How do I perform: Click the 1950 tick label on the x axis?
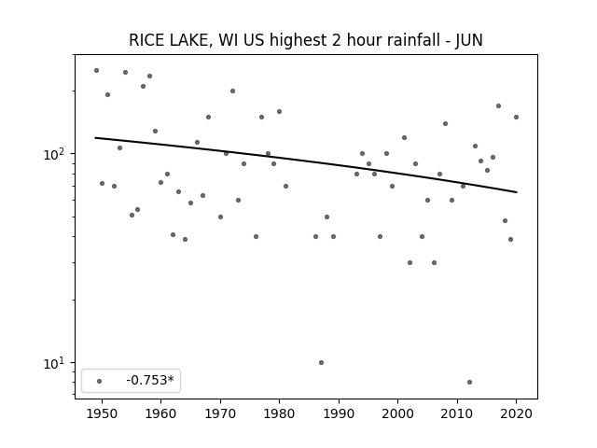coord(102,413)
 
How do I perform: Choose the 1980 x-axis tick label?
coord(279,413)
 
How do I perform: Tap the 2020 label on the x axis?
coord(516,413)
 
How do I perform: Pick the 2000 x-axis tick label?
coord(397,413)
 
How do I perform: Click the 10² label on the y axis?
coord(55,154)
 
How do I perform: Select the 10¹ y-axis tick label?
coord(55,363)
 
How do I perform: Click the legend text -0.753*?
coord(150,380)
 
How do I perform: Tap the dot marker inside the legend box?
coord(100,381)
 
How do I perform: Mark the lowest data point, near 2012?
coord(469,382)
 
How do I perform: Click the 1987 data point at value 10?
coord(321,363)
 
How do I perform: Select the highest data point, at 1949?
coord(96,71)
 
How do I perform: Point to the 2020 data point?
coord(516,117)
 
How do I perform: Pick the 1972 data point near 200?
coord(232,91)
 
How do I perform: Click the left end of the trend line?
coord(95,137)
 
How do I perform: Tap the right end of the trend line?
coord(517,192)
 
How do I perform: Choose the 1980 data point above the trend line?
coord(279,112)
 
